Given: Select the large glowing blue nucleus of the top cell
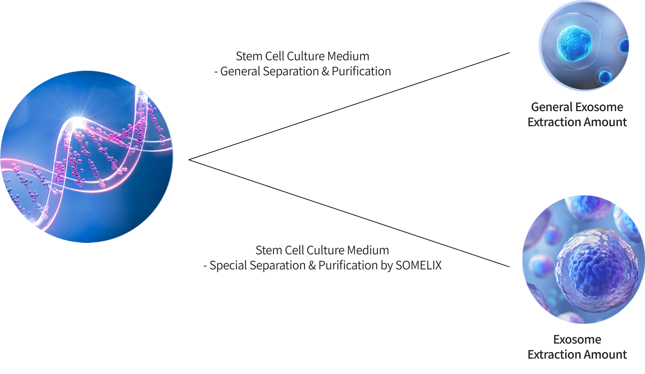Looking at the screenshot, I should click(574, 43).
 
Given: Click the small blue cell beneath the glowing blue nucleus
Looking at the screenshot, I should click(605, 77).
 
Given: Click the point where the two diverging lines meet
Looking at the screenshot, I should click(189, 160).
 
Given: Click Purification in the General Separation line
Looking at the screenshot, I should click(361, 71).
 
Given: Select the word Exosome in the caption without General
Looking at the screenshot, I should click(577, 339).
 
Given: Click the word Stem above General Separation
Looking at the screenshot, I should click(249, 56).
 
